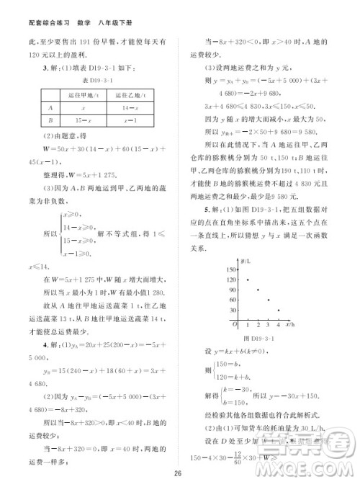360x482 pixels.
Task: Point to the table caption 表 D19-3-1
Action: (89, 79)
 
